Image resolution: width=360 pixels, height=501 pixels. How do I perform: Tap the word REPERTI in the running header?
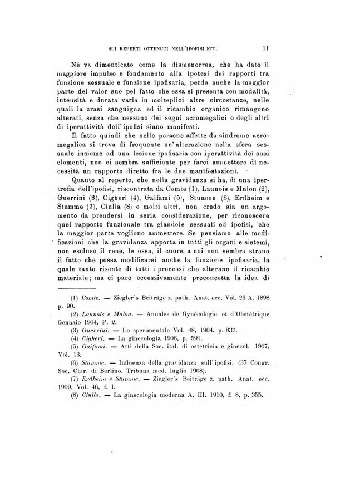pyautogui.click(x=135, y=48)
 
